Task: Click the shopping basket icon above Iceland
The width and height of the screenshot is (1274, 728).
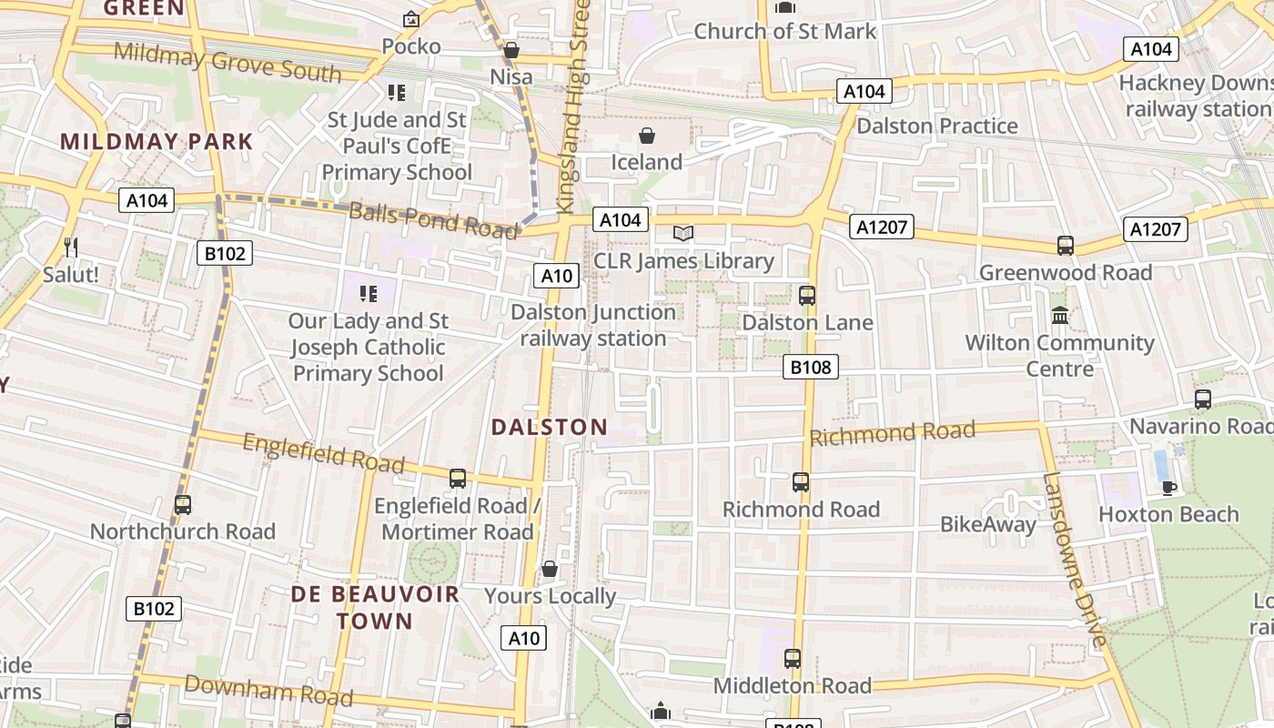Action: [647, 136]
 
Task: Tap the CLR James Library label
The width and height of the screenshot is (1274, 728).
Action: [683, 261]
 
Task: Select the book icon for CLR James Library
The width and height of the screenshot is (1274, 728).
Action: [683, 234]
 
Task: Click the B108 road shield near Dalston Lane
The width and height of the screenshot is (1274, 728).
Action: [810, 367]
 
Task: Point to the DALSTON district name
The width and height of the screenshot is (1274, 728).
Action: [550, 427]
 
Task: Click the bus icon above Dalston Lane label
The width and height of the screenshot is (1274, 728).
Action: [807, 295]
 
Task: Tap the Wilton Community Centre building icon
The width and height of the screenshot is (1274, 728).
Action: [1060, 316]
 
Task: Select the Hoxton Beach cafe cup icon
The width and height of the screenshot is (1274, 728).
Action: [1169, 488]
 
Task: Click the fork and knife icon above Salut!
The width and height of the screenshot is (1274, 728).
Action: [71, 247]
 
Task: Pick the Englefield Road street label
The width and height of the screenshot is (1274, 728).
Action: [323, 452]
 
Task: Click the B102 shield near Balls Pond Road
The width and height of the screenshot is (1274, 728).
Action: [224, 253]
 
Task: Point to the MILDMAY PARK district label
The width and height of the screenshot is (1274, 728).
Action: [157, 142]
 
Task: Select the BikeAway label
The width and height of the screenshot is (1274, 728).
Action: [987, 524]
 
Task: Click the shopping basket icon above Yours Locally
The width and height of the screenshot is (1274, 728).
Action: [550, 570]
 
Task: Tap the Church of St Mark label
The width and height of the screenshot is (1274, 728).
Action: [784, 31]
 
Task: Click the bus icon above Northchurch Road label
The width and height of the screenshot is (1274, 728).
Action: [183, 504]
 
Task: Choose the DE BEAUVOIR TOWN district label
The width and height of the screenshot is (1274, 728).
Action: [375, 608]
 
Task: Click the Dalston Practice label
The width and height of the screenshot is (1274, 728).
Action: [937, 126]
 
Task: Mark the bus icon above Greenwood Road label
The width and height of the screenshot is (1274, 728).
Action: [1066, 245]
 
